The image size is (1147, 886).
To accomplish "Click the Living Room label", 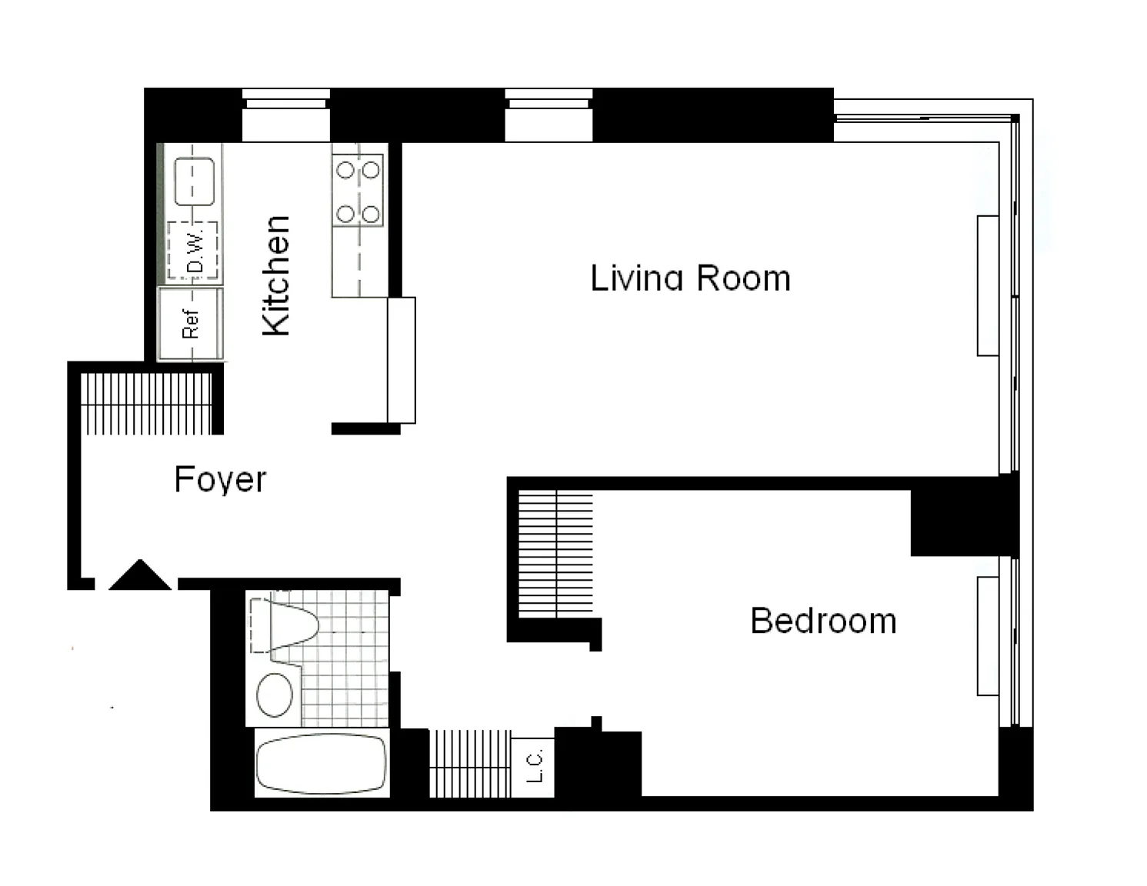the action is tap(690, 278).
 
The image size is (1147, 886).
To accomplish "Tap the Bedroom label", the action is tap(823, 621).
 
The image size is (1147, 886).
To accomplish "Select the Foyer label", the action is tap(220, 480).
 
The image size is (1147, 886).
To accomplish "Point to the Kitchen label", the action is tap(276, 275).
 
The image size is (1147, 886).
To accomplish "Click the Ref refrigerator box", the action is tap(191, 324).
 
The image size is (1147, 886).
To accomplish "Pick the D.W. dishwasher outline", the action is tap(192, 250).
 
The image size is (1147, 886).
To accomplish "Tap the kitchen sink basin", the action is tap(195, 181).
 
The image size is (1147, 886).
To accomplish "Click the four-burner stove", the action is tap(358, 191).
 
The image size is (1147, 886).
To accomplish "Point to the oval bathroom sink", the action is tap(275, 695).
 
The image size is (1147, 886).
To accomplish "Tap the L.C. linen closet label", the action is tap(534, 766).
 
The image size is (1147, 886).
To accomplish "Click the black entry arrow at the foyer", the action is tap(140, 575).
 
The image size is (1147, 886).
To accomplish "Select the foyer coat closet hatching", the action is tap(146, 404).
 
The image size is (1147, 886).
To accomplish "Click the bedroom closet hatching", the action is tap(556, 554).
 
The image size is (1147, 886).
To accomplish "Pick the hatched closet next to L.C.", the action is tap(470, 763).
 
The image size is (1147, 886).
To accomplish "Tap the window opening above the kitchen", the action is tap(286, 115).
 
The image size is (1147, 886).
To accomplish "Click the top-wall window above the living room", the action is tap(549, 115).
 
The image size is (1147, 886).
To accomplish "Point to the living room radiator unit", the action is tap(988, 285).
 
